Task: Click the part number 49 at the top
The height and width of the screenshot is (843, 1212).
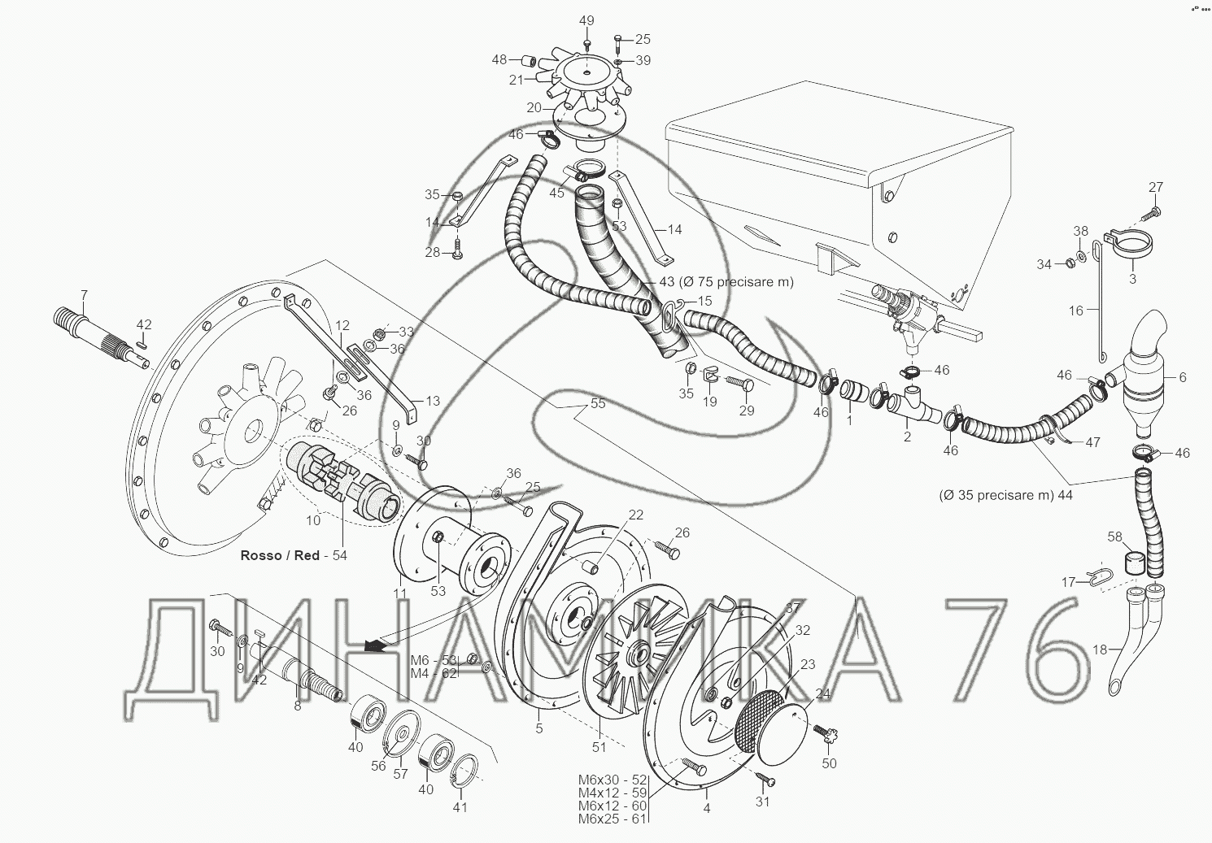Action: [x=586, y=20]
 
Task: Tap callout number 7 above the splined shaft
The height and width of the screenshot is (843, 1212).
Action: [x=83, y=295]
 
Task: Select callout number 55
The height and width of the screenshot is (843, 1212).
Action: [x=598, y=404]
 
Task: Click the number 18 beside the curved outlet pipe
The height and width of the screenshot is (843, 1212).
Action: [x=1100, y=650]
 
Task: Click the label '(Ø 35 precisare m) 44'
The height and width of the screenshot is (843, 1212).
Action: [x=1005, y=494]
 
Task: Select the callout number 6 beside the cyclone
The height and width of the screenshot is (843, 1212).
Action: [x=1182, y=377]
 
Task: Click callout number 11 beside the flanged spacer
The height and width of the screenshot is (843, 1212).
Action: [x=399, y=593]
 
